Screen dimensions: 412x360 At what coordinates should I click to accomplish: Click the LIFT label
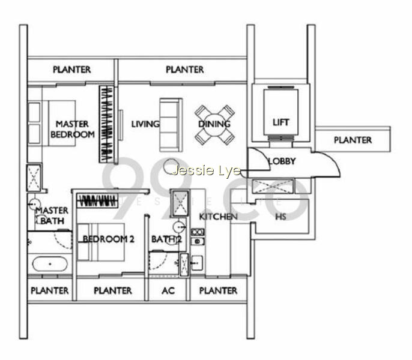click(x=280, y=122)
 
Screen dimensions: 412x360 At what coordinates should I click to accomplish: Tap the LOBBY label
click(x=282, y=161)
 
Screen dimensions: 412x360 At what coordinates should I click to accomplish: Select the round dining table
click(x=214, y=124)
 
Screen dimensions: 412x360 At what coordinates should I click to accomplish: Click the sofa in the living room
click(x=171, y=125)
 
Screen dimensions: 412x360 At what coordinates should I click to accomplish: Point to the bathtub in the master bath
click(x=50, y=264)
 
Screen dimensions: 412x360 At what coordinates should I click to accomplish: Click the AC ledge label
click(x=168, y=290)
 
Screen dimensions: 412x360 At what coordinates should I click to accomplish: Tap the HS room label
click(x=280, y=217)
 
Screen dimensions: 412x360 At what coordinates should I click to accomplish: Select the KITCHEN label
click(x=219, y=217)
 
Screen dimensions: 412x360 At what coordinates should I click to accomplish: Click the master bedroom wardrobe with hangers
click(x=107, y=124)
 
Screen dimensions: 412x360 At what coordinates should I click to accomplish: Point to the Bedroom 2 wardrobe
click(x=97, y=201)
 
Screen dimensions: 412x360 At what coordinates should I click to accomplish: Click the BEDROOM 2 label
click(x=109, y=239)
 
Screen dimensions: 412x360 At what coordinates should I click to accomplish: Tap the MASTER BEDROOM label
click(x=73, y=129)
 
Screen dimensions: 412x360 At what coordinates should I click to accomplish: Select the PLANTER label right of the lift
click(x=353, y=140)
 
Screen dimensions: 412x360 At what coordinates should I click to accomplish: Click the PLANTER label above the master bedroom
click(x=71, y=70)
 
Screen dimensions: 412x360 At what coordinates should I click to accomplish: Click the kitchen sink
click(x=197, y=263)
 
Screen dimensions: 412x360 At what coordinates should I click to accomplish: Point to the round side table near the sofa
click(x=171, y=166)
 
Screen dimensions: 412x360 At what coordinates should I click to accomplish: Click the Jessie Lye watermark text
click(x=206, y=170)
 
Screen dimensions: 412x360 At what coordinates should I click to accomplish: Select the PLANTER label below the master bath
click(x=50, y=290)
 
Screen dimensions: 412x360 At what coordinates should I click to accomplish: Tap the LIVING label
click(x=145, y=124)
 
